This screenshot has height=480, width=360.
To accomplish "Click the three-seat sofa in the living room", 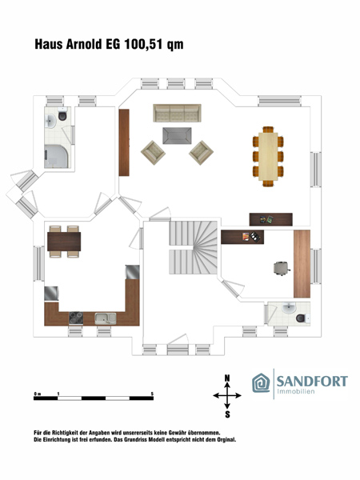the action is pyautogui.click(x=177, y=113).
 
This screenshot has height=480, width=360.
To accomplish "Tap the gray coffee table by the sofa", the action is pyautogui.click(x=177, y=136).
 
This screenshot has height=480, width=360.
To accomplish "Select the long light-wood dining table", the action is pyautogui.click(x=268, y=157).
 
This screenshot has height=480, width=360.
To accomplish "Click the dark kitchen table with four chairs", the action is pyautogui.click(x=64, y=242).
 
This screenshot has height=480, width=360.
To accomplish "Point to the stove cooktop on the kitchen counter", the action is pyautogui.click(x=76, y=318).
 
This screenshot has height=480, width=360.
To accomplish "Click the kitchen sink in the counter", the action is pyautogui.click(x=106, y=318).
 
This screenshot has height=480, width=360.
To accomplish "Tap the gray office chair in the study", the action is pyautogui.click(x=282, y=268).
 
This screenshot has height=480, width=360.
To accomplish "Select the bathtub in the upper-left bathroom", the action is pyautogui.click(x=56, y=157).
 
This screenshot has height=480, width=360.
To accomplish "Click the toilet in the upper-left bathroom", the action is pyautogui.click(x=62, y=114).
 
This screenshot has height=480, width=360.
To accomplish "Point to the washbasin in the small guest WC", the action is pyautogui.click(x=288, y=308).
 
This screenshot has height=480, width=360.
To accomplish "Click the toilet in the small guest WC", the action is pyautogui.click(x=302, y=318).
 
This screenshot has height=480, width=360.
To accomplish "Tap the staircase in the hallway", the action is pyautogui.click(x=193, y=247).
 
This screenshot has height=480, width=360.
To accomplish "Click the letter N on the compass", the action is pyautogui.click(x=227, y=378).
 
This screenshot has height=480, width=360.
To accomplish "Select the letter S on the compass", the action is pyautogui.click(x=227, y=414).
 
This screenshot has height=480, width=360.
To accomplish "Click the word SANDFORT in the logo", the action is pyautogui.click(x=312, y=382).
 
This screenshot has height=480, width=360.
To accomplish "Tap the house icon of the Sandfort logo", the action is pyautogui.click(x=261, y=383).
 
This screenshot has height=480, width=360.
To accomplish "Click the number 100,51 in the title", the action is pyautogui.click(x=144, y=44).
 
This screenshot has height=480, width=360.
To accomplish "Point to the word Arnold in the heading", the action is pyautogui.click(x=84, y=44).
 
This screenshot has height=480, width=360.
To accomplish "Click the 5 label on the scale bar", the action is pyautogui.click(x=152, y=394).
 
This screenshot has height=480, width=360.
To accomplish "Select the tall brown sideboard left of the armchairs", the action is pyautogui.click(x=124, y=142).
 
